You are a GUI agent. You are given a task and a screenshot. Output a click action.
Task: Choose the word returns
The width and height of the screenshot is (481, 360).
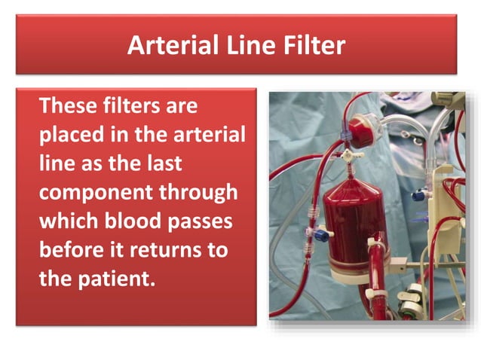tap(171, 250)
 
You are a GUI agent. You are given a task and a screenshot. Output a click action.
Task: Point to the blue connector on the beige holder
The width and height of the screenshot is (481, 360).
tap(418, 196)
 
